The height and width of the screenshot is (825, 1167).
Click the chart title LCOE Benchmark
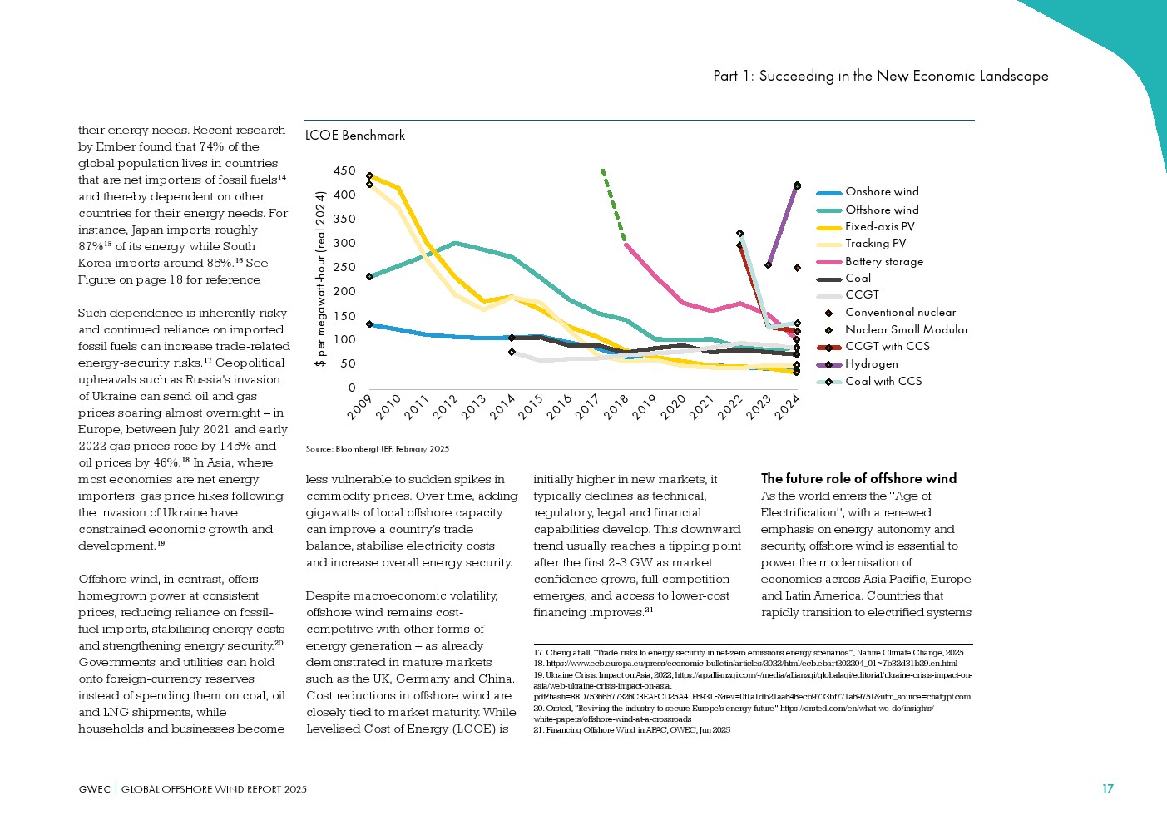(355, 135)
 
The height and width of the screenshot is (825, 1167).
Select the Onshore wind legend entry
(882, 192)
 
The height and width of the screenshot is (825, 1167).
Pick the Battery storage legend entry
(883, 261)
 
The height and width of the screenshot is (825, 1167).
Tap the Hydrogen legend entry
(871, 364)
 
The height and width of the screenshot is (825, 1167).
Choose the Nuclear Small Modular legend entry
(906, 329)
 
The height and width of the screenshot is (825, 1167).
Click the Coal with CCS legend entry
(883, 381)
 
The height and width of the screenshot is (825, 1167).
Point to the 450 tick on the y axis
(344, 171)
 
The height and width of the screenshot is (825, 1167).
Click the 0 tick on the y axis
(352, 388)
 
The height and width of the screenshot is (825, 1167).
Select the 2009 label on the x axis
(359, 408)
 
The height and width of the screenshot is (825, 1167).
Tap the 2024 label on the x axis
(787, 408)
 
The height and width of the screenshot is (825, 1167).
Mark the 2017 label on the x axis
(587, 408)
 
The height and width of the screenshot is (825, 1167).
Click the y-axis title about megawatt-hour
(319, 279)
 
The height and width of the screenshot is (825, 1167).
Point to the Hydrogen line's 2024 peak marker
(797, 185)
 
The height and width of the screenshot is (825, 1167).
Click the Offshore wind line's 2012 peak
(454, 243)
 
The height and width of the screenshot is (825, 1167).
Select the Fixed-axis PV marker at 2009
(369, 176)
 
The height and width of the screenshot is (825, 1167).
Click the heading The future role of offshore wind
(858, 478)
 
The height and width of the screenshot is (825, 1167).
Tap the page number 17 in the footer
(1107, 788)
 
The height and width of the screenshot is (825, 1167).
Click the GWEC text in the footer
(94, 789)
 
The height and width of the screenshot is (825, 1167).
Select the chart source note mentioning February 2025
(377, 449)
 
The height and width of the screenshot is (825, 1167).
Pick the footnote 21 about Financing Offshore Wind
(631, 730)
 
